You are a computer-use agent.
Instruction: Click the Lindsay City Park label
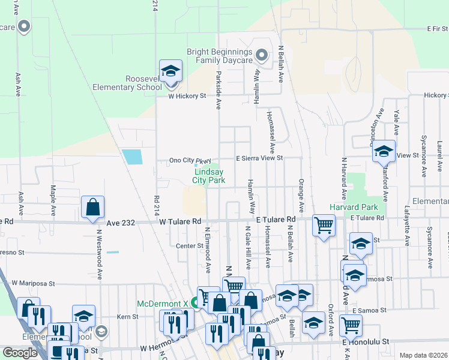click(x=208, y=175)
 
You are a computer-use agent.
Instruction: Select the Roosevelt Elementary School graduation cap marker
click(x=170, y=71)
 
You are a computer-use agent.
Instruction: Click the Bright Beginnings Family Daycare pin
click(x=261, y=56)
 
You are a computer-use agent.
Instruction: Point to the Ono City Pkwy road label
click(x=190, y=160)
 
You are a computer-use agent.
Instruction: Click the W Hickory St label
click(x=187, y=95)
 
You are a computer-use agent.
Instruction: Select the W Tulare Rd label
click(x=180, y=221)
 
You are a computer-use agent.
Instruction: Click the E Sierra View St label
click(x=259, y=157)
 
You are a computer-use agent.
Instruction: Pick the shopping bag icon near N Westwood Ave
click(x=93, y=208)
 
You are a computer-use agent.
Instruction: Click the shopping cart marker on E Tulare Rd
click(x=324, y=226)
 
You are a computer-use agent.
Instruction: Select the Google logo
click(x=21, y=352)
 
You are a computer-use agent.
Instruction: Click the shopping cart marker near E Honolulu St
click(x=351, y=326)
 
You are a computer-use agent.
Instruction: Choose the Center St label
click(x=190, y=245)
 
